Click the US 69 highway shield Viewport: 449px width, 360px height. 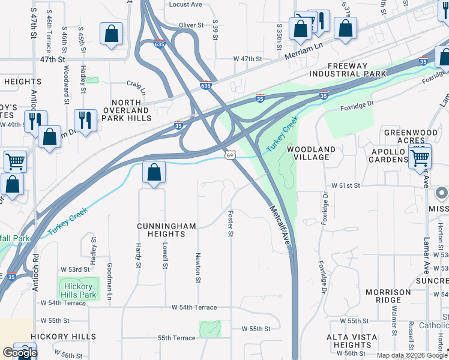(230, 155)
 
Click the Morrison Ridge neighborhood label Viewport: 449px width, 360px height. (388, 296)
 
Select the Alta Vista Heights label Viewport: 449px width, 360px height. (349, 341)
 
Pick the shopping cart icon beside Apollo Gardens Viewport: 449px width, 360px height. (420, 157)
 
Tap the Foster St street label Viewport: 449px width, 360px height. (230, 223)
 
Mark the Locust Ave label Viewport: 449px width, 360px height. (185, 4)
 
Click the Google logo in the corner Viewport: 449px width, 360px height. (19, 353)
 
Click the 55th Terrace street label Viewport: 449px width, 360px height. (176, 338)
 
